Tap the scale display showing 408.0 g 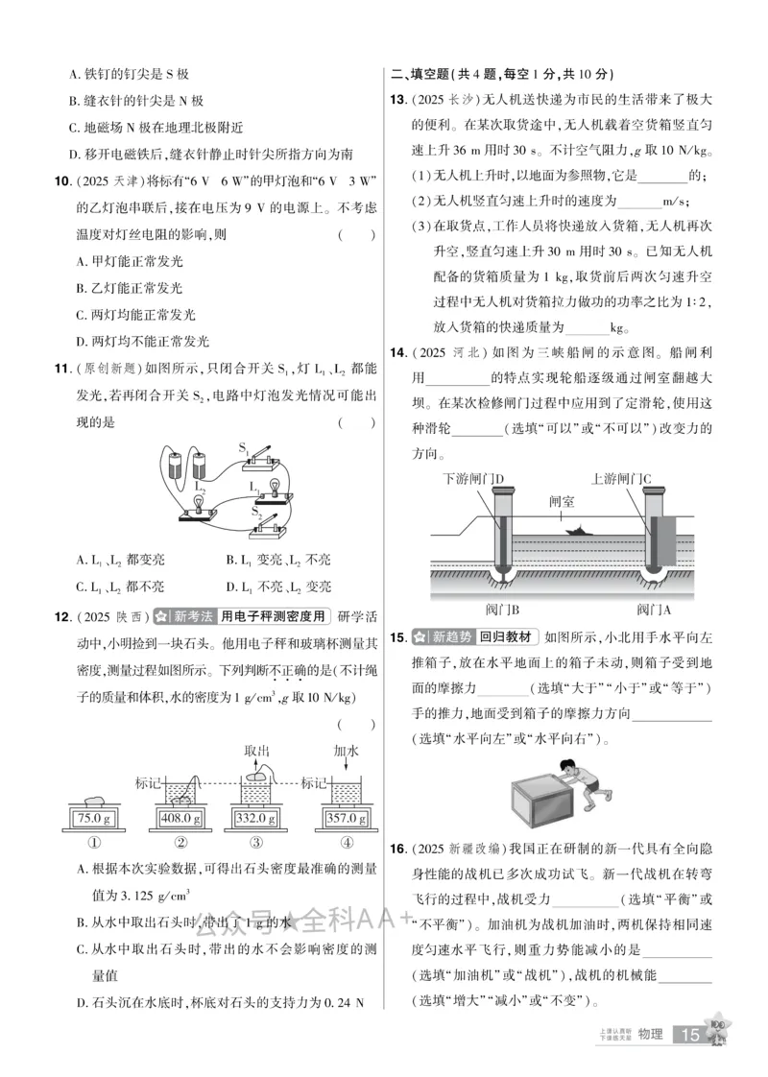(x=180, y=818)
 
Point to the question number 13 (x=396, y=101)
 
